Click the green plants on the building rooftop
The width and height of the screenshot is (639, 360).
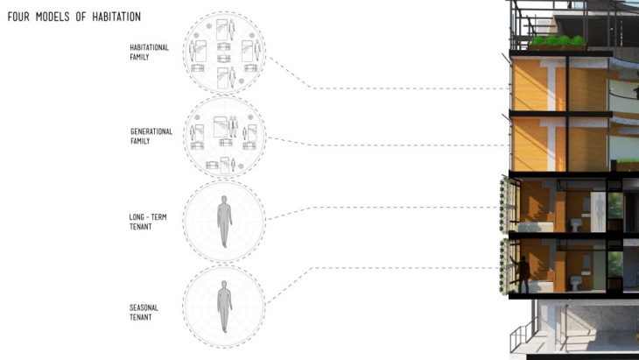pyautogui.click(x=557, y=41)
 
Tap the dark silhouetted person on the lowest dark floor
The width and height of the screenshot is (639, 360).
pyautogui.click(x=523, y=273)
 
